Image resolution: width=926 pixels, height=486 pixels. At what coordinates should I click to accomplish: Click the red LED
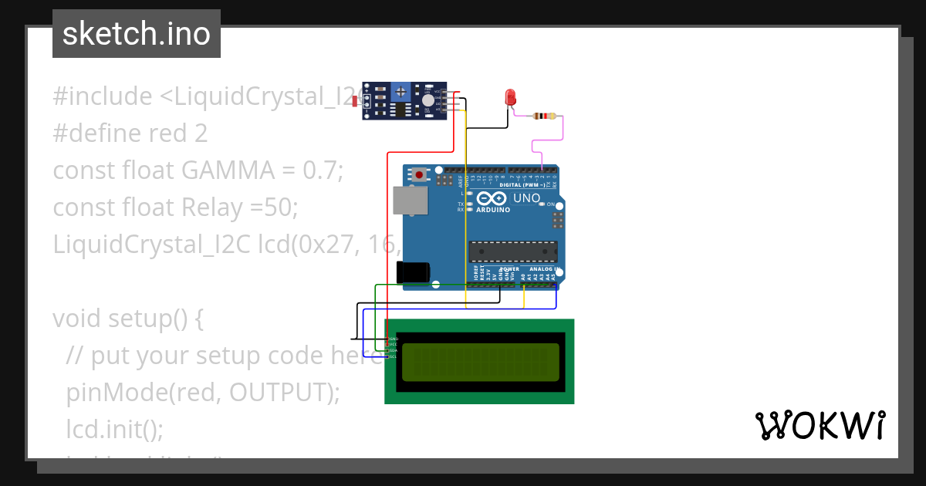click(510, 97)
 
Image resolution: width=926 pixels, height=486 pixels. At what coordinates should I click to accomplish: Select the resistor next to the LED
click(545, 116)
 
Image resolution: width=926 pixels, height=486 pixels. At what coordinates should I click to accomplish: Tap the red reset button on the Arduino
click(419, 175)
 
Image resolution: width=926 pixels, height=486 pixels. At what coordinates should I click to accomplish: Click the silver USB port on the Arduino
click(409, 200)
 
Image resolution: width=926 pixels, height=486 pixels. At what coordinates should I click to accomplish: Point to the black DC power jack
click(412, 272)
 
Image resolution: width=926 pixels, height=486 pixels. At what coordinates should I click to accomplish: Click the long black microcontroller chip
click(513, 251)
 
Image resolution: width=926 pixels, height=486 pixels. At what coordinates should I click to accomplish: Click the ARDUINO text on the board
click(493, 210)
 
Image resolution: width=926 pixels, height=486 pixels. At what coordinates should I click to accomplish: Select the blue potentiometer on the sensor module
click(400, 92)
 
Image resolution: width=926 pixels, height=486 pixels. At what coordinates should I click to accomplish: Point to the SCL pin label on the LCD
click(392, 356)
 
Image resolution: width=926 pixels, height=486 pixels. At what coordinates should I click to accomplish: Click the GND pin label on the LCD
click(392, 339)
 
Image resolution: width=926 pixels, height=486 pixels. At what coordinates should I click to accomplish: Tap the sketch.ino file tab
click(137, 34)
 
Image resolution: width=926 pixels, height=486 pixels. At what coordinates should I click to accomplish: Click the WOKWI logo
click(820, 425)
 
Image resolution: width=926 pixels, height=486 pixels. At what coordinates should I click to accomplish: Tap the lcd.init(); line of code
click(115, 429)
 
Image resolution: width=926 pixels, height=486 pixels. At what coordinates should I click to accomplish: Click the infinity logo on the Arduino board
click(494, 198)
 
